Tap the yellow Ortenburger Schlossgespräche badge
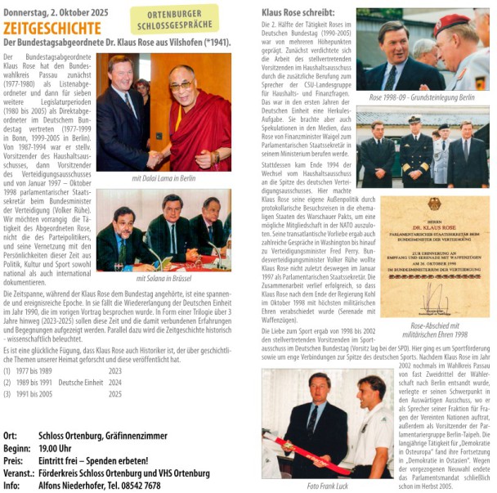174,19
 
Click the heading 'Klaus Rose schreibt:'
298,13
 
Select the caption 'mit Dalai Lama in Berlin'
163,177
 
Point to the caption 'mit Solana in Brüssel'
163,278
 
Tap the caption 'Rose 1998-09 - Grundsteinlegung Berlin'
421,97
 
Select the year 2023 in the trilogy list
114,370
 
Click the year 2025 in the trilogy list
114,393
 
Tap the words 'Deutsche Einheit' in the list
82,382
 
